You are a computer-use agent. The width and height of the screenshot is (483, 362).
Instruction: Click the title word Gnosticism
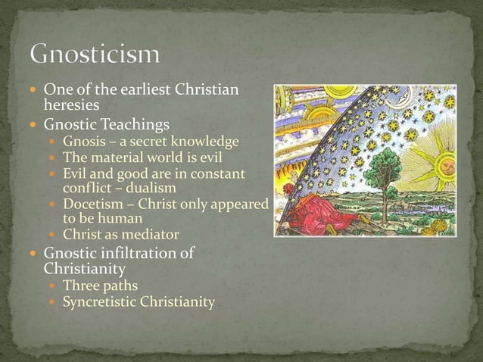(95, 55)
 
